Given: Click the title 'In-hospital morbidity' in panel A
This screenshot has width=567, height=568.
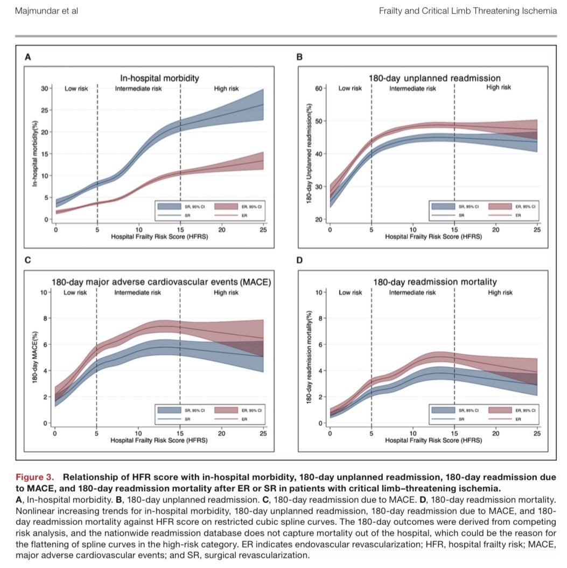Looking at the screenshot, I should pyautogui.click(x=159, y=78).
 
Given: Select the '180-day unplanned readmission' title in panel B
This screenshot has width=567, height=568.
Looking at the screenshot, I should pyautogui.click(x=434, y=78).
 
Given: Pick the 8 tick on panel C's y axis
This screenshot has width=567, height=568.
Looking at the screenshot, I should pyautogui.click(x=44, y=318).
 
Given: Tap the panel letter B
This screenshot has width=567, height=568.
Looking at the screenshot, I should pyautogui.click(x=299, y=56).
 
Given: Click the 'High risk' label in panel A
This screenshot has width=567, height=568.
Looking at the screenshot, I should pyautogui.click(x=226, y=89).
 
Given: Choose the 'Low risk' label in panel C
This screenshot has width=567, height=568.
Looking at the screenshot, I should pyautogui.click(x=76, y=293).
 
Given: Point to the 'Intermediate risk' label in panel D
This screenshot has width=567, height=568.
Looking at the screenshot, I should pyautogui.click(x=412, y=293).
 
